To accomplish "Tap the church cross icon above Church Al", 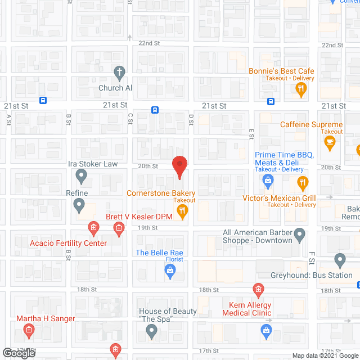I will coord(119,72).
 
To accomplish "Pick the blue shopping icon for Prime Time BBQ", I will coord(268,180).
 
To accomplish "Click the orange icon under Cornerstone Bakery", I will coord(182,211).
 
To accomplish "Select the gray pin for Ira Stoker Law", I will coord(81,177).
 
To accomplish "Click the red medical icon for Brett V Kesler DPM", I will coord(118,228).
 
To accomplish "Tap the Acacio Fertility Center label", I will coord(68,243).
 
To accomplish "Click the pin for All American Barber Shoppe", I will coord(300,233).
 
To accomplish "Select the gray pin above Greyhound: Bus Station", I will coord(339,260).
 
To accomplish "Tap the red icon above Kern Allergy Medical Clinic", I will coord(258,290).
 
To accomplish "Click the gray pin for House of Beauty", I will coord(151,332).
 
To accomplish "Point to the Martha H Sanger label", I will coord(45,318).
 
